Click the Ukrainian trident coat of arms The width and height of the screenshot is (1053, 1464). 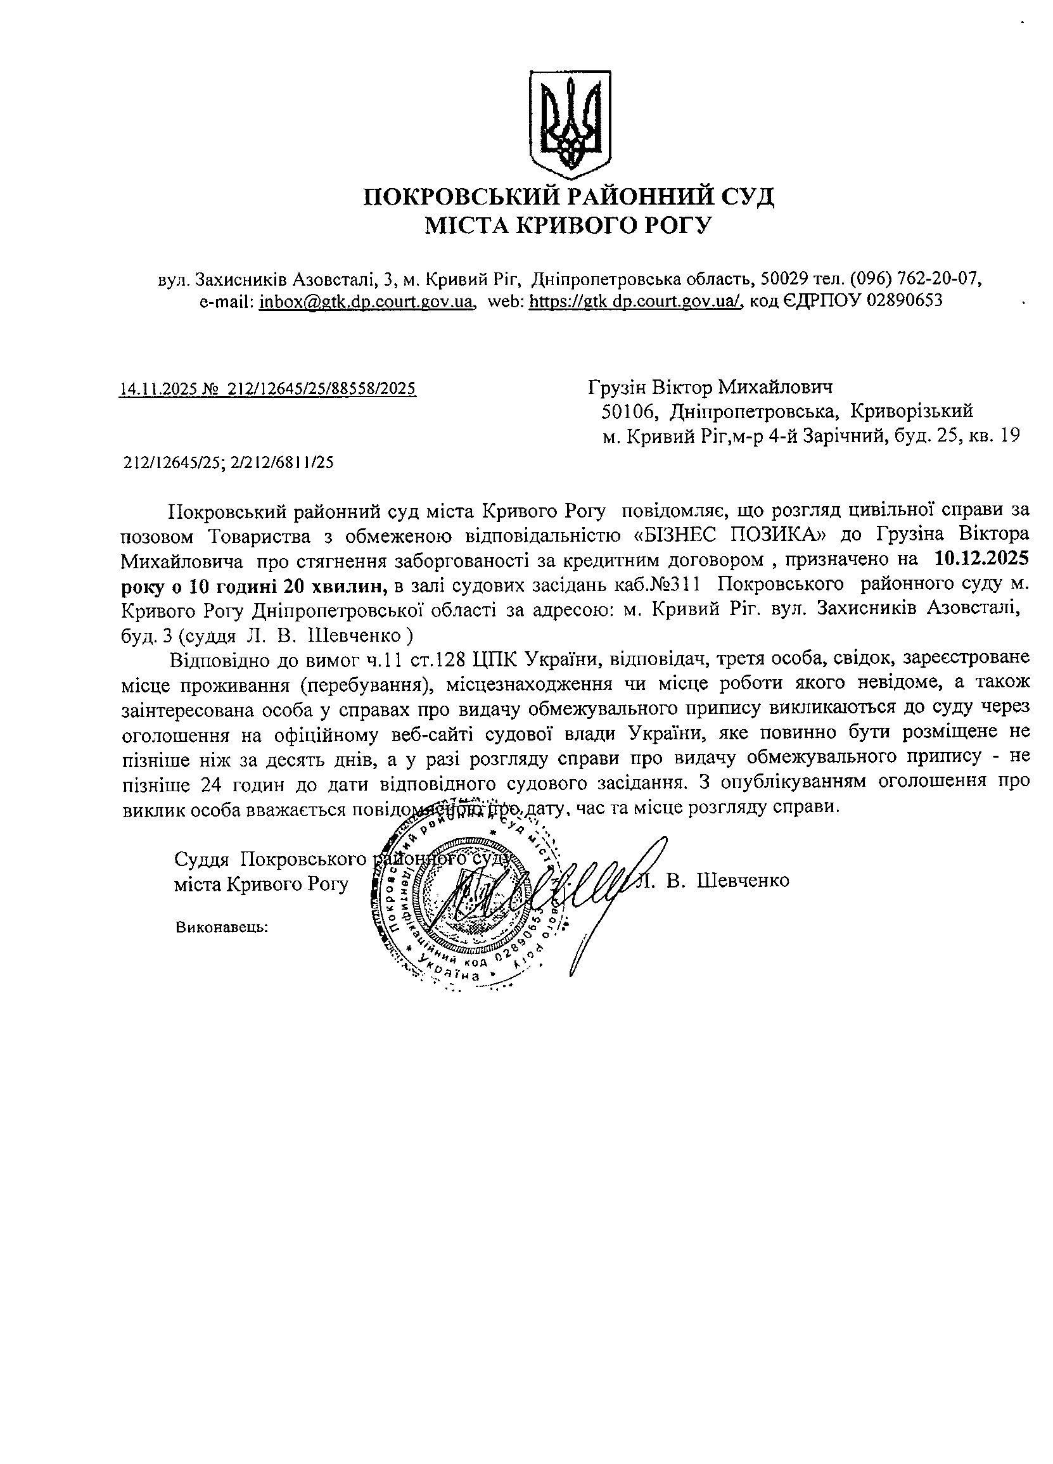569,124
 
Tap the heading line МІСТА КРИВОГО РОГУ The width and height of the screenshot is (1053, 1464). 568,226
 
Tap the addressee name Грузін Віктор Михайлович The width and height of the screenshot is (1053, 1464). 711,387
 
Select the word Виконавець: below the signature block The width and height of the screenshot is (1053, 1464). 221,928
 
